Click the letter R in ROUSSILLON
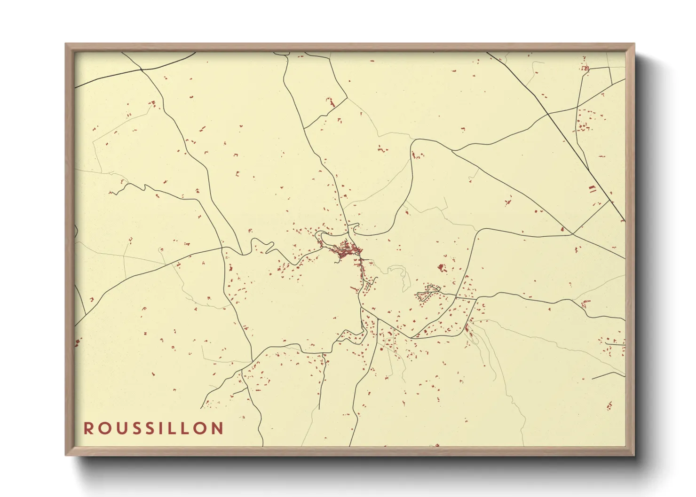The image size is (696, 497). tap(88, 428)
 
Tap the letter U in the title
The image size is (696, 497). tap(119, 428)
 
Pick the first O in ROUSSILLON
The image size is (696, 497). tap(103, 428)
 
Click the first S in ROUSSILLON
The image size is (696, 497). tap(134, 428)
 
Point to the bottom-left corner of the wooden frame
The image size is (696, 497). tap(66, 455)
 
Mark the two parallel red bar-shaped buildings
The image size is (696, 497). tap(592, 189)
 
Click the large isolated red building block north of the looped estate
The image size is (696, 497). tap(441, 268)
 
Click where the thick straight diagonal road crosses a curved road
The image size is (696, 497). tap(548, 114)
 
